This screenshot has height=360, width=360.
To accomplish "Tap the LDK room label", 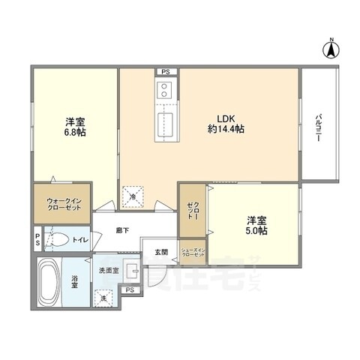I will pos(225,117).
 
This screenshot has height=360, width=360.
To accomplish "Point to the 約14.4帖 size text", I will pos(226,129).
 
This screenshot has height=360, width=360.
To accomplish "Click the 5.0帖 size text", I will pos(256,232).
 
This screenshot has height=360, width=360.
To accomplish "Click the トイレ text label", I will pos(80,240).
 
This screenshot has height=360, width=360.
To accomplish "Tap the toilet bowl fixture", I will pos(58,240).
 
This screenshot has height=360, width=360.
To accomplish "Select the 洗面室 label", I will pos(108,269).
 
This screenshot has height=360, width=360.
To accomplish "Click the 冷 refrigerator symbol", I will pos(133,196).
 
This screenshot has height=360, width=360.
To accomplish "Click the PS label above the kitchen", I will pos(166,72).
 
